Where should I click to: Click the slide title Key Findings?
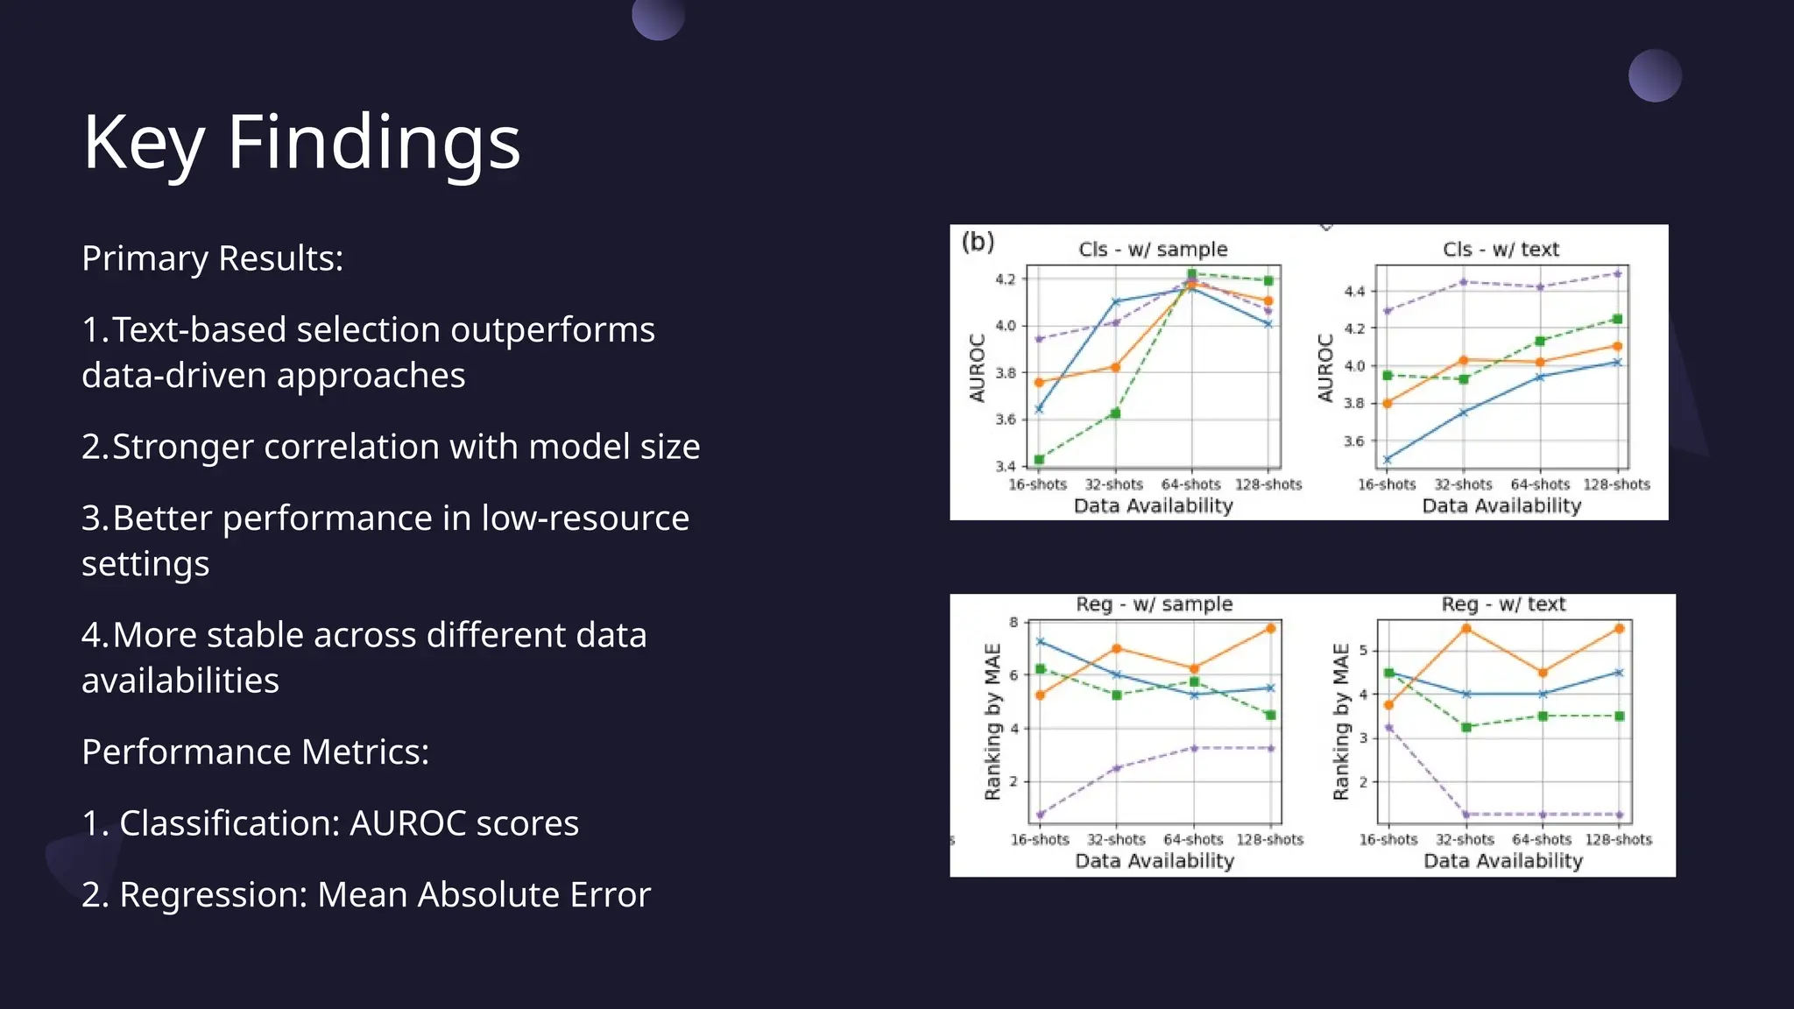(x=301, y=143)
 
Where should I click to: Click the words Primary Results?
(x=212, y=258)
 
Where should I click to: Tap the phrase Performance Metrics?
(x=255, y=751)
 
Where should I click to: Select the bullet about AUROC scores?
(x=330, y=823)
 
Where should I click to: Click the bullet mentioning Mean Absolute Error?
(x=366, y=894)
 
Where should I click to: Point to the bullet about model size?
(x=391, y=447)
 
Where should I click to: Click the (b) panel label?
(x=978, y=241)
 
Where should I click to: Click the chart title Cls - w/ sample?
(x=1153, y=250)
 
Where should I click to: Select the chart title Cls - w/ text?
(x=1501, y=250)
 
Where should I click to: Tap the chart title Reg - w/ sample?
(x=1154, y=604)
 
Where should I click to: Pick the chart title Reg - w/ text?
(x=1503, y=604)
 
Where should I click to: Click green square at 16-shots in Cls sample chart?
(x=1039, y=459)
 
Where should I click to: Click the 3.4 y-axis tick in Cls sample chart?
(x=1005, y=466)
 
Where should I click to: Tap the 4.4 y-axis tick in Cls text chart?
(x=1353, y=291)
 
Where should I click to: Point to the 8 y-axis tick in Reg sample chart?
(x=1014, y=623)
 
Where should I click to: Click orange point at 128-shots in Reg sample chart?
(x=1270, y=628)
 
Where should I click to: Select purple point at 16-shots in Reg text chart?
(x=1388, y=728)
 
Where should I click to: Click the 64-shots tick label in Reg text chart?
(x=1542, y=839)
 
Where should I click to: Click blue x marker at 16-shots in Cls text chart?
(x=1388, y=459)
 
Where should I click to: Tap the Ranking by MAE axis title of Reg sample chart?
(x=992, y=722)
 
